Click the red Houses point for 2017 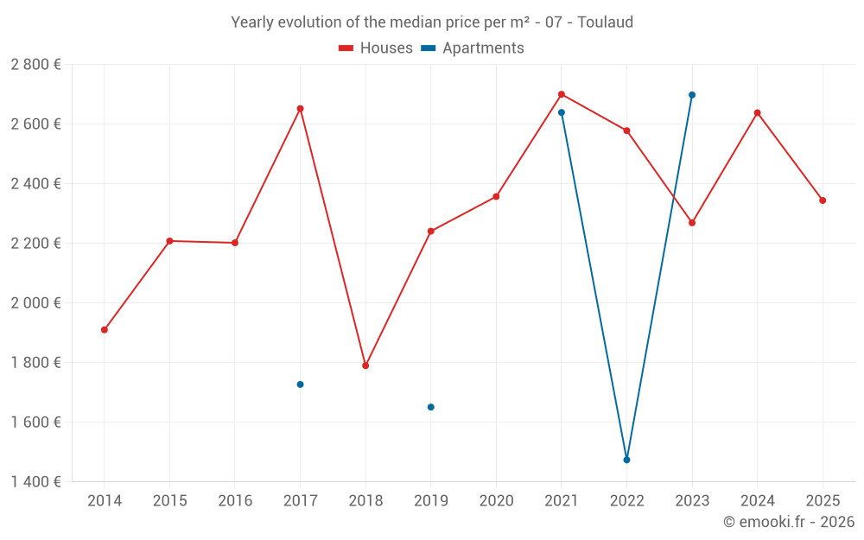pyautogui.click(x=300, y=109)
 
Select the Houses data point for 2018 pyautogui.click(x=365, y=365)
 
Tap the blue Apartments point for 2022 pyautogui.click(x=626, y=460)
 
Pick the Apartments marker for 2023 pyautogui.click(x=692, y=95)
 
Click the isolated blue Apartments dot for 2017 pyautogui.click(x=300, y=384)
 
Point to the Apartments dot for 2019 pyautogui.click(x=430, y=407)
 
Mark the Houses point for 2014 pyautogui.click(x=104, y=330)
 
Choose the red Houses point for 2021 pyautogui.click(x=562, y=94)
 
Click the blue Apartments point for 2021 pyautogui.click(x=562, y=112)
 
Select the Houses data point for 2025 pyautogui.click(x=823, y=200)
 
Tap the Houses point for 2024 pyautogui.click(x=757, y=112)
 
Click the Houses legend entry pyautogui.click(x=376, y=48)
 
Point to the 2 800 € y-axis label pyautogui.click(x=35, y=65)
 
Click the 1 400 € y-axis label pyautogui.click(x=35, y=482)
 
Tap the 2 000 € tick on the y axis pyautogui.click(x=35, y=303)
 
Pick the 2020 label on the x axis pyautogui.click(x=496, y=501)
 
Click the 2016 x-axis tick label pyautogui.click(x=235, y=501)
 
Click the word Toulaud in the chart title pyautogui.click(x=605, y=22)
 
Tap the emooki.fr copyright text pyautogui.click(x=788, y=522)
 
